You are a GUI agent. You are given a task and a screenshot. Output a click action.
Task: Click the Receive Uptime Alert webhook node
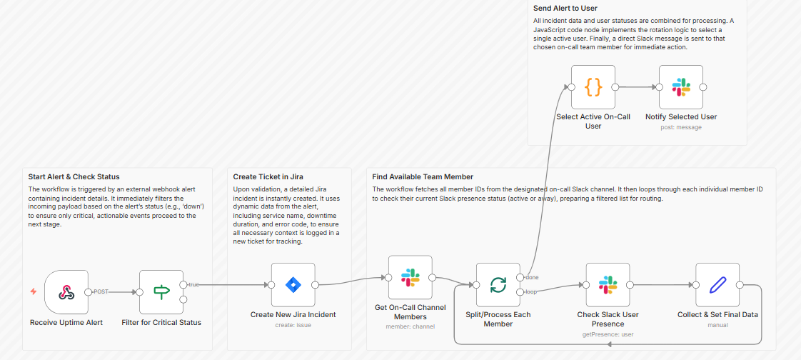pos(66,292)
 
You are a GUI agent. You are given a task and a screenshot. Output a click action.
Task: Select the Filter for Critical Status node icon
pos(161,292)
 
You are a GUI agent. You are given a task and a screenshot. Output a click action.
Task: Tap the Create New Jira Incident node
pos(293,285)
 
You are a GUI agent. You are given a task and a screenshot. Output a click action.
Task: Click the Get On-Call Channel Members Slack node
pos(410,278)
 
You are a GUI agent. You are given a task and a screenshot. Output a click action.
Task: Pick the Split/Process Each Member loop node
pos(498,285)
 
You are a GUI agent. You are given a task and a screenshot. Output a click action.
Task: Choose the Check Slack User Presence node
pos(608,285)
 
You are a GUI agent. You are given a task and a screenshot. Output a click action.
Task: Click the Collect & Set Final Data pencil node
pos(717,285)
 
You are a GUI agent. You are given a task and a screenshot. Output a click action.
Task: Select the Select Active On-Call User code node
pos(593,87)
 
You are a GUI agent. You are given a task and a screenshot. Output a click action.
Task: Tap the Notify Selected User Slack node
pos(681,87)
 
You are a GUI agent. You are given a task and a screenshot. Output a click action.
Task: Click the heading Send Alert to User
pos(565,8)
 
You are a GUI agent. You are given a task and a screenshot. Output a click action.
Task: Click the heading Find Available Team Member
pos(423,177)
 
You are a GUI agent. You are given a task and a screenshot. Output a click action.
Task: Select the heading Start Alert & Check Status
pos(74,177)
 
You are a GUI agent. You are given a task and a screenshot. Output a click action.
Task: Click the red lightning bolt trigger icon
pos(34,291)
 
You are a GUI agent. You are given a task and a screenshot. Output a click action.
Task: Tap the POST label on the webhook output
pos(101,291)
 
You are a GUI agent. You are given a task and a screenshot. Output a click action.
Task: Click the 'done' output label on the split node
pos(532,277)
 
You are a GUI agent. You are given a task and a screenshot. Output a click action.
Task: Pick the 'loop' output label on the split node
pos(531,291)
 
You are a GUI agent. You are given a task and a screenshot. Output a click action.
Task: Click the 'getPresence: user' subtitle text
pos(608,334)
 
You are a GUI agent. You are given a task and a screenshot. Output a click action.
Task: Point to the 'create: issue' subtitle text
pos(293,325)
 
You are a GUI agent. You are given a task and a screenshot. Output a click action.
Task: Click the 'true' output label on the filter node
pos(194,284)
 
